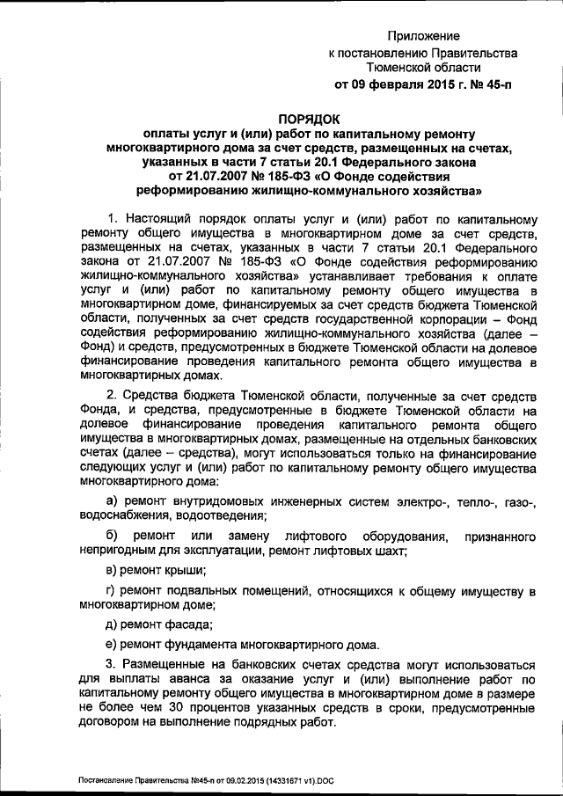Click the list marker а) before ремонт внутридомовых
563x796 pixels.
click(x=112, y=500)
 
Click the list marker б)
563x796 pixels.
click(x=112, y=536)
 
